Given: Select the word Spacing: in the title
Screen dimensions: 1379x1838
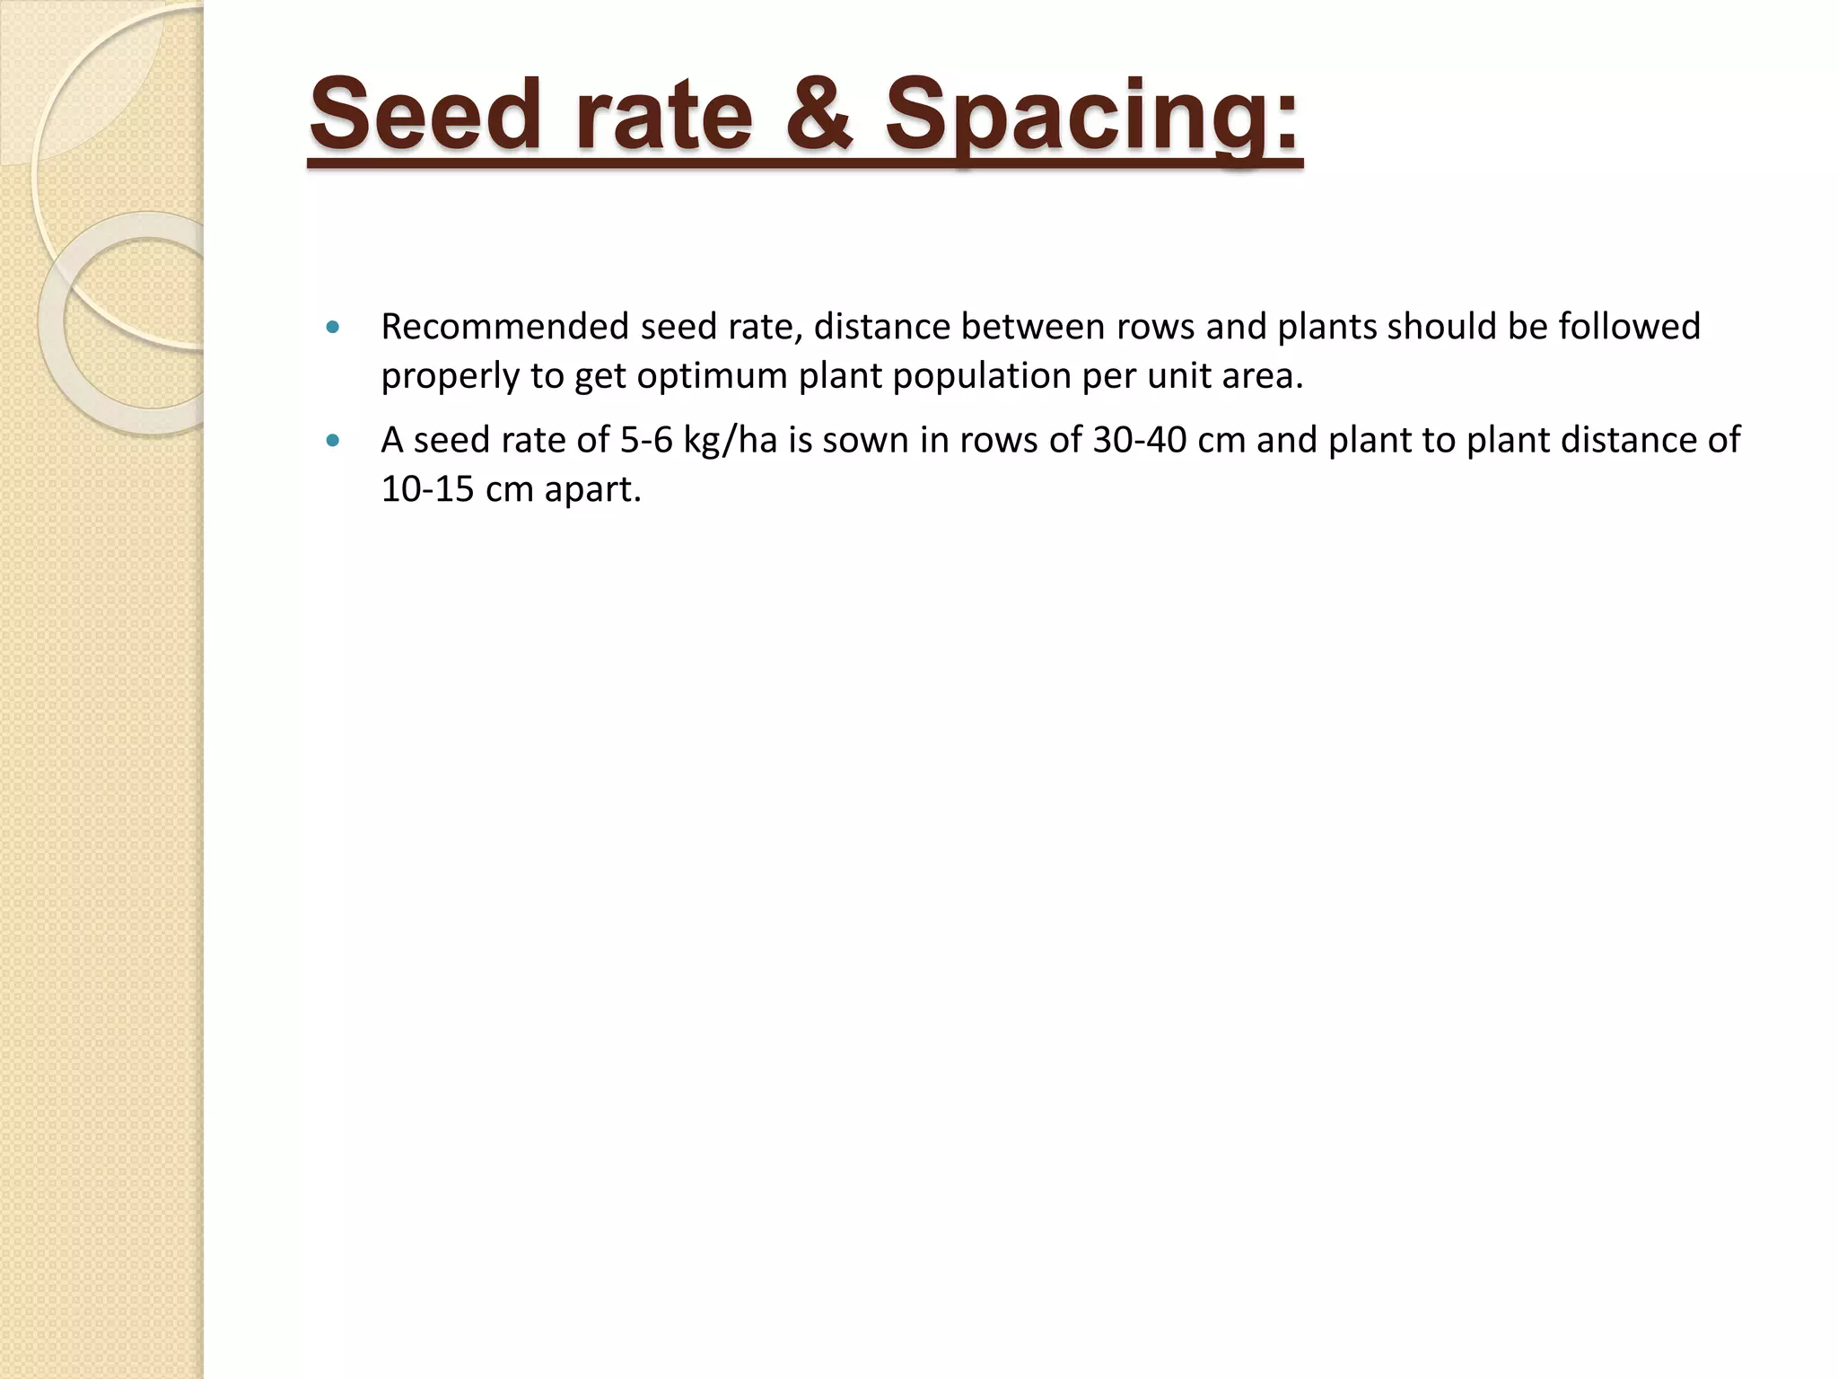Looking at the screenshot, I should pos(1092,117).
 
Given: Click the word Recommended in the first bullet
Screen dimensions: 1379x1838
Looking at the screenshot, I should pos(504,327).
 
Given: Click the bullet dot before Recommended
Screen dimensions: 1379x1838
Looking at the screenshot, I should pos(334,328).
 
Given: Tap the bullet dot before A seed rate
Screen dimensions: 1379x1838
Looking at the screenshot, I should pos(334,441).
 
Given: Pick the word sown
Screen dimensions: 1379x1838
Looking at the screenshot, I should pos(865,441).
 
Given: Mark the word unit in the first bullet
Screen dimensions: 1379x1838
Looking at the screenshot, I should pos(1179,376).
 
